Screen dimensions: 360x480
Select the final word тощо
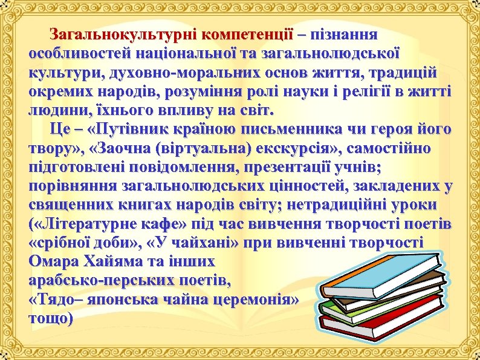pos(50,319)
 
